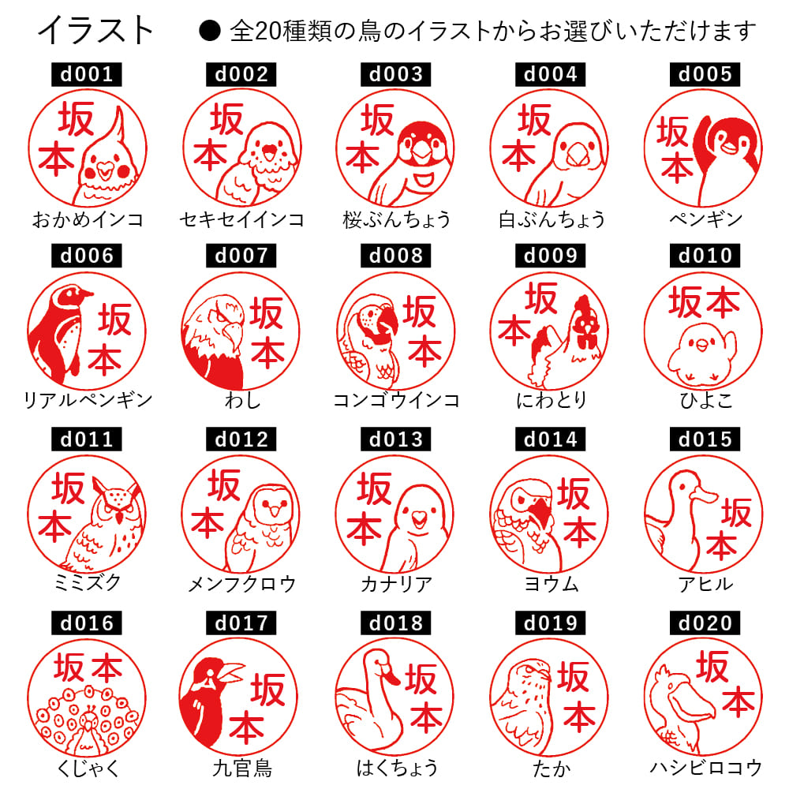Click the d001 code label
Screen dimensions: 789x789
[88, 75]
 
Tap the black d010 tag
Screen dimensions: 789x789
[705, 256]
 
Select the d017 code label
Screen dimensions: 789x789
[241, 623]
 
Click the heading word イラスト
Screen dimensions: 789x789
[96, 31]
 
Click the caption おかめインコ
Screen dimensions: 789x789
[88, 219]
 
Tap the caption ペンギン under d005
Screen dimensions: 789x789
[705, 219]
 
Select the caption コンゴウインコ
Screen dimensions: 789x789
[396, 400]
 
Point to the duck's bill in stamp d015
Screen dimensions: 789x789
[701, 495]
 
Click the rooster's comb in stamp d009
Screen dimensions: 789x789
[581, 304]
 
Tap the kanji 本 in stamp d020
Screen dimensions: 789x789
[738, 701]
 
